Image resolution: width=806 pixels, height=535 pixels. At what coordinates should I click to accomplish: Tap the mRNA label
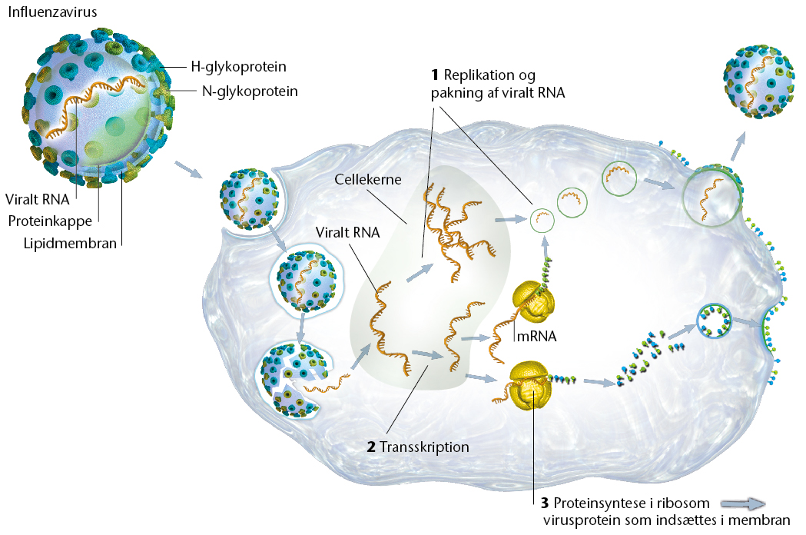point(536,336)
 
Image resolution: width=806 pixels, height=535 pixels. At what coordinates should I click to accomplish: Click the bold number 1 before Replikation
point(434,75)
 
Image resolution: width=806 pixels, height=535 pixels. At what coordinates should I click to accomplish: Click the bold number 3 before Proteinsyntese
point(544,503)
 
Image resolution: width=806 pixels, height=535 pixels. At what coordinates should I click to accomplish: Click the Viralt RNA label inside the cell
point(347,232)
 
